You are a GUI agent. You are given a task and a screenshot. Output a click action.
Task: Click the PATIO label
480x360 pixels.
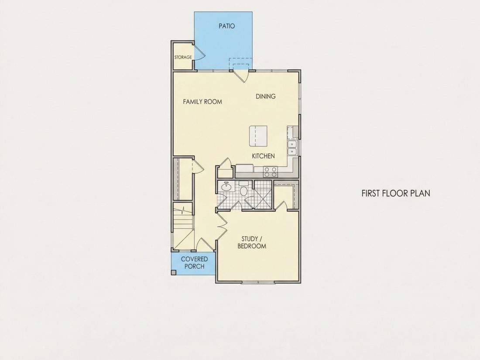pyautogui.click(x=227, y=26)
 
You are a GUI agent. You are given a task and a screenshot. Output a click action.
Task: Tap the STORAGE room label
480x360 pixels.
pyautogui.click(x=183, y=57)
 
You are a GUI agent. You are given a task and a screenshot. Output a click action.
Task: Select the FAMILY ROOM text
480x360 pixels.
pyautogui.click(x=202, y=102)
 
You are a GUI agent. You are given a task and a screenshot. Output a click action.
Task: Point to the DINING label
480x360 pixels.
pyautogui.click(x=266, y=96)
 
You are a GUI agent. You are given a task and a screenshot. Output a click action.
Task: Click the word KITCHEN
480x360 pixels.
pyautogui.click(x=263, y=156)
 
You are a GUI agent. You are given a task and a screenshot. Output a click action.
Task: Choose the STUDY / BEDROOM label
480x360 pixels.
pyautogui.click(x=252, y=243)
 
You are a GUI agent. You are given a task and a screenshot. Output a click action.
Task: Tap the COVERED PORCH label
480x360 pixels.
pyautogui.click(x=194, y=263)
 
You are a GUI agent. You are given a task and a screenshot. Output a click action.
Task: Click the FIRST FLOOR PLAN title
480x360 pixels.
pyautogui.click(x=396, y=193)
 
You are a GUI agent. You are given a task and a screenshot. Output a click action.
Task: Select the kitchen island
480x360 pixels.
pyautogui.click(x=258, y=136)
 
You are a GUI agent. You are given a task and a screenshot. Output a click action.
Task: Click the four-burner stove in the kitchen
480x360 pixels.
pyautogui.click(x=271, y=172)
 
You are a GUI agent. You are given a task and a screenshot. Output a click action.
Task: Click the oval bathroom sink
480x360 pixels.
pyautogui.click(x=226, y=186)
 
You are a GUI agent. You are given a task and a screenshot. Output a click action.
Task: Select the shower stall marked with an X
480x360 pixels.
pyautogui.click(x=263, y=194)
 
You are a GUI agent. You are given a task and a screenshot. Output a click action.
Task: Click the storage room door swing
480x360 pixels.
pyautogui.click(x=199, y=52)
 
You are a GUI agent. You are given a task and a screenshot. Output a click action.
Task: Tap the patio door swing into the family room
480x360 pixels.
pyautogui.click(x=241, y=76)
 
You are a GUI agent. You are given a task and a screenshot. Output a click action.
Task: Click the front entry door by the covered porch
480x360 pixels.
pyautogui.click(x=205, y=244)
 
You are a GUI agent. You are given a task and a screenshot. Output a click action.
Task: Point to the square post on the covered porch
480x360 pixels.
pyautogui.click(x=174, y=272)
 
